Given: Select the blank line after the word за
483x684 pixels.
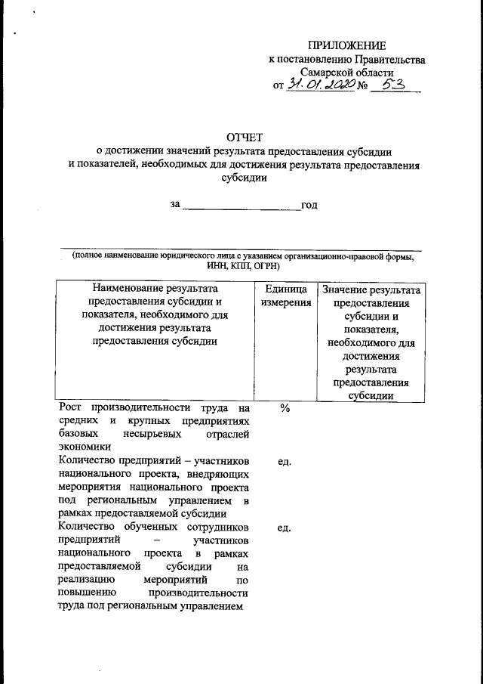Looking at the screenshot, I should pyautogui.click(x=241, y=205).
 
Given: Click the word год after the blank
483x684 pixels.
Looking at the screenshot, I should pyautogui.click(x=309, y=205).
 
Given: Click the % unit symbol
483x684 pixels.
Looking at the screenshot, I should pyautogui.click(x=285, y=407).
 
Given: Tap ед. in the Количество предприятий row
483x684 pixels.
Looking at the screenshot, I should pyautogui.click(x=285, y=461).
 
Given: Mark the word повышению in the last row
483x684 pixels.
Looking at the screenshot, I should pyautogui.click(x=86, y=594).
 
